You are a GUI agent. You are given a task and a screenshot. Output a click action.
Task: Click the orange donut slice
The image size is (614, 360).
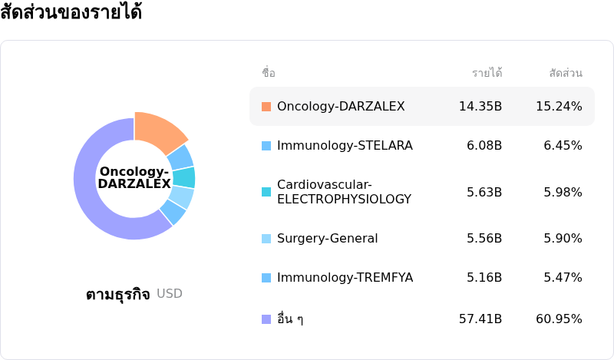point(159,131)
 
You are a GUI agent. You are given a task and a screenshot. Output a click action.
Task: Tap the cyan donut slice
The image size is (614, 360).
point(184,177)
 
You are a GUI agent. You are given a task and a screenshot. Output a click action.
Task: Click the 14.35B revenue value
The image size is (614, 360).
point(480,106)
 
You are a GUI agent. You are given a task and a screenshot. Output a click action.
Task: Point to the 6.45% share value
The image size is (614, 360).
point(563,145)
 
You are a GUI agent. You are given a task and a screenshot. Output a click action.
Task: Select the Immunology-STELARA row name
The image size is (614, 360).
point(345,145)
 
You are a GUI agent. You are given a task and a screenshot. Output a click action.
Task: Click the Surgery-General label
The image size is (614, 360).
point(328,238)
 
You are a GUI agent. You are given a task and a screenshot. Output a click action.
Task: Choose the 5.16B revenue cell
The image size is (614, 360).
point(484,277)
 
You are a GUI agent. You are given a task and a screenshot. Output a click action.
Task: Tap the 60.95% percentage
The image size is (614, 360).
point(559,319)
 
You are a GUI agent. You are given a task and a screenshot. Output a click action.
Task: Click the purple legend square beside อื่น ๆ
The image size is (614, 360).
point(266,319)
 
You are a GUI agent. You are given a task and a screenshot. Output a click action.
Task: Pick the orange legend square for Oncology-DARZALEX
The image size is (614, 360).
point(266,107)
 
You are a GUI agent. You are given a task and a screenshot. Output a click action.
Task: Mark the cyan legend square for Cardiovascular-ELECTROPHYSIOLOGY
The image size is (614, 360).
point(266,192)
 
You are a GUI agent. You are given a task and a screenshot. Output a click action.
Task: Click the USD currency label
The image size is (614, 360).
point(170,293)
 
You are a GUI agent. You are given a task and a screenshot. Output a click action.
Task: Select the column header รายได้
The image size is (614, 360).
point(487,73)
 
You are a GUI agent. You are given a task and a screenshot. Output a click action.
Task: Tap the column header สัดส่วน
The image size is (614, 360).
point(566,73)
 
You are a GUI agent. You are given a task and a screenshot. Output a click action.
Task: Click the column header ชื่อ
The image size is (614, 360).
point(269,73)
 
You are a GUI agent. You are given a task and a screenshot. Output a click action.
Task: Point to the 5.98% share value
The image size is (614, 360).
point(563,192)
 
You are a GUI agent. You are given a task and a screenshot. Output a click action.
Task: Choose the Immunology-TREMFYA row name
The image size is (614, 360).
point(345,277)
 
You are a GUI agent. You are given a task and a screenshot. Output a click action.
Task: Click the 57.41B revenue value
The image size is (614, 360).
point(480,319)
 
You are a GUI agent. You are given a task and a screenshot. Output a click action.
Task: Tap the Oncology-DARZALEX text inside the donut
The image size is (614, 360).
point(134,177)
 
